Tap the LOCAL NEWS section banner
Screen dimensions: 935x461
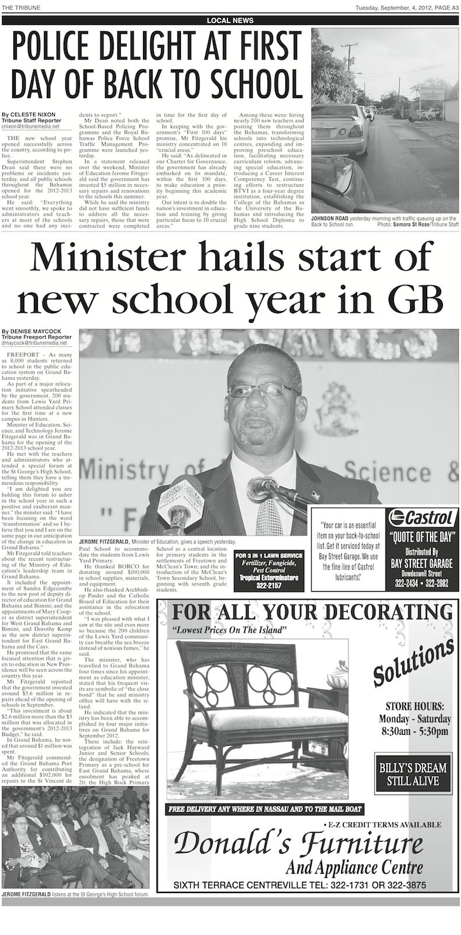point(230,20)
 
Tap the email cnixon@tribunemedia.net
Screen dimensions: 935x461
point(31,125)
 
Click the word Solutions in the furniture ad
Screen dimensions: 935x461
point(413,662)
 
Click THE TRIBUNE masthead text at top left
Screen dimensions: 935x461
point(18,6)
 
